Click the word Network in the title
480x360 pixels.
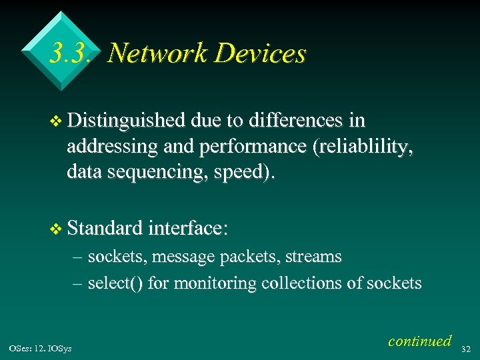click(x=157, y=53)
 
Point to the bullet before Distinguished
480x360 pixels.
click(x=57, y=121)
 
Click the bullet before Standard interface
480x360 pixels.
click(x=57, y=229)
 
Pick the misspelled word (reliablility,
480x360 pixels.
click(x=363, y=147)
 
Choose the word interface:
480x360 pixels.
click(x=189, y=229)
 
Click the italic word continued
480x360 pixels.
click(x=419, y=341)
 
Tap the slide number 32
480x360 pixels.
click(x=466, y=348)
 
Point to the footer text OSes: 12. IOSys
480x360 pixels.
click(x=41, y=348)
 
